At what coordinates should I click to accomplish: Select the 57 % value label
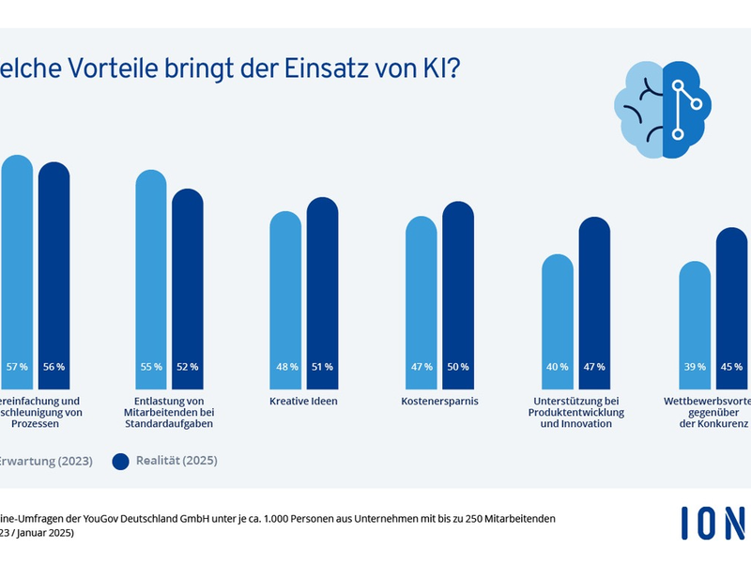[x=16, y=366]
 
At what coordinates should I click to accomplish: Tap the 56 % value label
[x=54, y=366]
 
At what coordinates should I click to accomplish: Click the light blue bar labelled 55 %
[x=151, y=281]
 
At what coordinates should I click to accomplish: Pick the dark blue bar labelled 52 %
[x=187, y=291]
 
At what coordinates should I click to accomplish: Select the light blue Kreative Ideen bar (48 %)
[x=286, y=300]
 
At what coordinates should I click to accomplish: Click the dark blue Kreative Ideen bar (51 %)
[x=322, y=291]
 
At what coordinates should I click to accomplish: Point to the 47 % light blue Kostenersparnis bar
[x=421, y=300]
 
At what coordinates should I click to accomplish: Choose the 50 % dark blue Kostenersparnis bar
[x=458, y=291]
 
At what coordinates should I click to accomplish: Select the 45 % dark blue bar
[x=731, y=300]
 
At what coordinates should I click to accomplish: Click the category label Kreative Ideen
[x=304, y=401]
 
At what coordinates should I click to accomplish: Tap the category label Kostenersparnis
[x=439, y=401]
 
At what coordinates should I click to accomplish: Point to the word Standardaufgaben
[x=168, y=424]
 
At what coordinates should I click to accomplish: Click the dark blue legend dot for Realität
[x=120, y=461]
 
